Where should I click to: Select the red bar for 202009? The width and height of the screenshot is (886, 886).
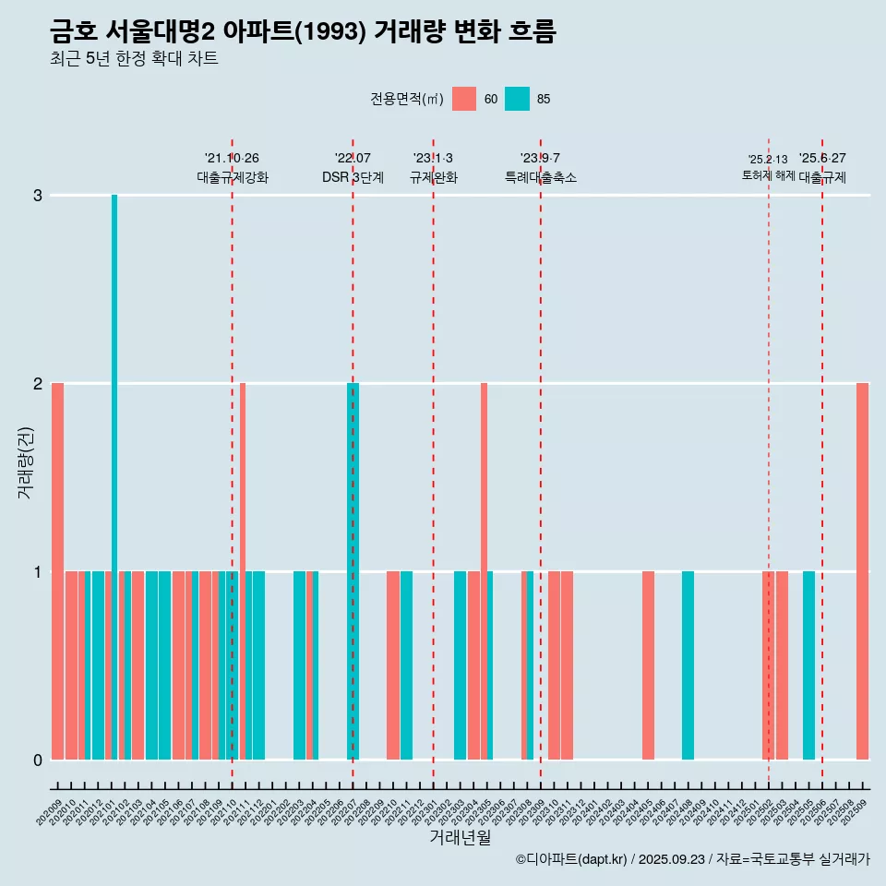tap(57, 570)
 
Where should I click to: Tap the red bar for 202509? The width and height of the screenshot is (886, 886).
tap(862, 570)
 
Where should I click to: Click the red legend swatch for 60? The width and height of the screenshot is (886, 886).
tap(464, 99)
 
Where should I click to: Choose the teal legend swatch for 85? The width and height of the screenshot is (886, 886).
tap(517, 99)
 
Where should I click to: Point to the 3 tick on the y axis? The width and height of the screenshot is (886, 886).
tap(38, 196)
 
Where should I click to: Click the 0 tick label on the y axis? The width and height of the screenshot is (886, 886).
tap(38, 760)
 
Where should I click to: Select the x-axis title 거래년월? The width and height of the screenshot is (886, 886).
tap(460, 838)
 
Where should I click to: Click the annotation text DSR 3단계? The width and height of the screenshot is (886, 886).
tap(353, 177)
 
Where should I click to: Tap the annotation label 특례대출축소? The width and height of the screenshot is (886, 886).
tap(540, 177)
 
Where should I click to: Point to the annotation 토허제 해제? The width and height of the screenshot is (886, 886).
tap(768, 174)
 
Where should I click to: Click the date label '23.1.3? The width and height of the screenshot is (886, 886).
tap(433, 158)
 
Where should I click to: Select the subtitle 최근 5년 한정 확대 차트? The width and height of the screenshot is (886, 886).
tap(134, 59)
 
